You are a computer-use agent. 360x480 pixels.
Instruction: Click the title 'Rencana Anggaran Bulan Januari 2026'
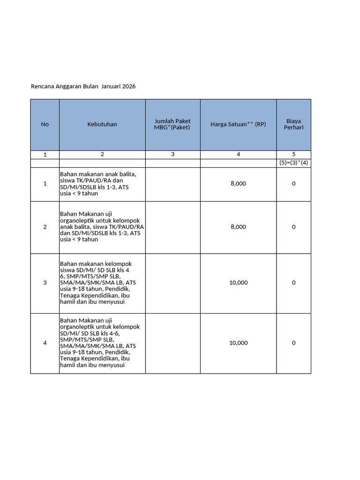83,87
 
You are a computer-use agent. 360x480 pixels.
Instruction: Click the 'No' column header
45,124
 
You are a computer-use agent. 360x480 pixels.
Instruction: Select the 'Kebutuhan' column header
102,124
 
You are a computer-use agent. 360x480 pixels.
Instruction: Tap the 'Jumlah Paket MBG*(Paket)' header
172,124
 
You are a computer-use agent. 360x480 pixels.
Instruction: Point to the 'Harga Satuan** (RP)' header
238,124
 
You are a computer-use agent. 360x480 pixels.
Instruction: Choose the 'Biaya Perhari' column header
293,124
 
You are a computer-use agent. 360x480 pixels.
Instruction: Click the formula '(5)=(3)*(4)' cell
293,163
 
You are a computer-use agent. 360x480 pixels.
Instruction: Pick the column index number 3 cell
172,154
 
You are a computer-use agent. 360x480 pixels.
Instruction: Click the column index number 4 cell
238,154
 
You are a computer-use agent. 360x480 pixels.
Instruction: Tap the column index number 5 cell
293,154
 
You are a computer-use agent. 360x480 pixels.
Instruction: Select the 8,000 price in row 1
238,184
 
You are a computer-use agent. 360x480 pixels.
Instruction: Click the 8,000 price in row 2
238,227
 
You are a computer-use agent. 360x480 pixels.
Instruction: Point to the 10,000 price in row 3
238,283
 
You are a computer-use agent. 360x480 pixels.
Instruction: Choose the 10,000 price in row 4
238,343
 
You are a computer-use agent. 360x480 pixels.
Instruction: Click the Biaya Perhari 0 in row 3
293,283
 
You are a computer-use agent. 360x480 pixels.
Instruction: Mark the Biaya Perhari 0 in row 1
293,184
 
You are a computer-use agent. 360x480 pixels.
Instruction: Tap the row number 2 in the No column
45,227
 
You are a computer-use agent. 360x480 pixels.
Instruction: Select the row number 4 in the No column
45,343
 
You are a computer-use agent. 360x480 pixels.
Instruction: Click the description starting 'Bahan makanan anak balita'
98,184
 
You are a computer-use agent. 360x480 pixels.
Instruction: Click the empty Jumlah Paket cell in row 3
172,283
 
